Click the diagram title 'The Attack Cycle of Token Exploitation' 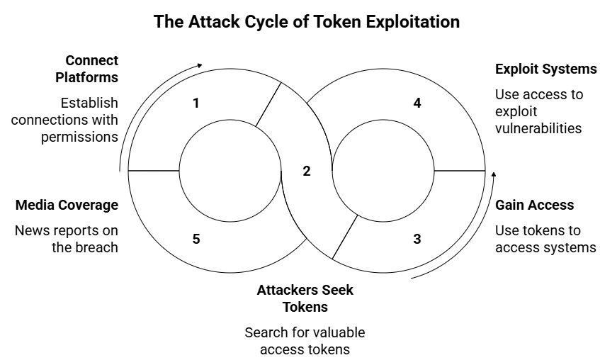pyautogui.click(x=307, y=22)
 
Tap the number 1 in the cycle pyautogui.click(x=196, y=103)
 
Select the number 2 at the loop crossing pyautogui.click(x=306, y=171)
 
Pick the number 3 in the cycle pyautogui.click(x=417, y=239)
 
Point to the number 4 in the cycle pyautogui.click(x=417, y=103)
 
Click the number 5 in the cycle pyautogui.click(x=196, y=239)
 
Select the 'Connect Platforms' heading pyautogui.click(x=91, y=68)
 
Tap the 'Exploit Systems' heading pyautogui.click(x=545, y=69)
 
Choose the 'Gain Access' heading pyautogui.click(x=534, y=206)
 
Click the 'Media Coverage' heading pyautogui.click(x=67, y=206)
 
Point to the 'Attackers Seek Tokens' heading pyautogui.click(x=305, y=298)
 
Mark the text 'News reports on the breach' pyautogui.click(x=67, y=239)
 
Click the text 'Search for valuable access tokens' pyautogui.click(x=305, y=340)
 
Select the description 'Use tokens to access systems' pyautogui.click(x=545, y=239)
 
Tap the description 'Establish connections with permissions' pyautogui.click(x=65, y=120)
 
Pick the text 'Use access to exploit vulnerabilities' pyautogui.click(x=538, y=111)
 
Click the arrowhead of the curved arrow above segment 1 pyautogui.click(x=200, y=66)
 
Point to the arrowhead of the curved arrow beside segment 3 pyautogui.click(x=494, y=174)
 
